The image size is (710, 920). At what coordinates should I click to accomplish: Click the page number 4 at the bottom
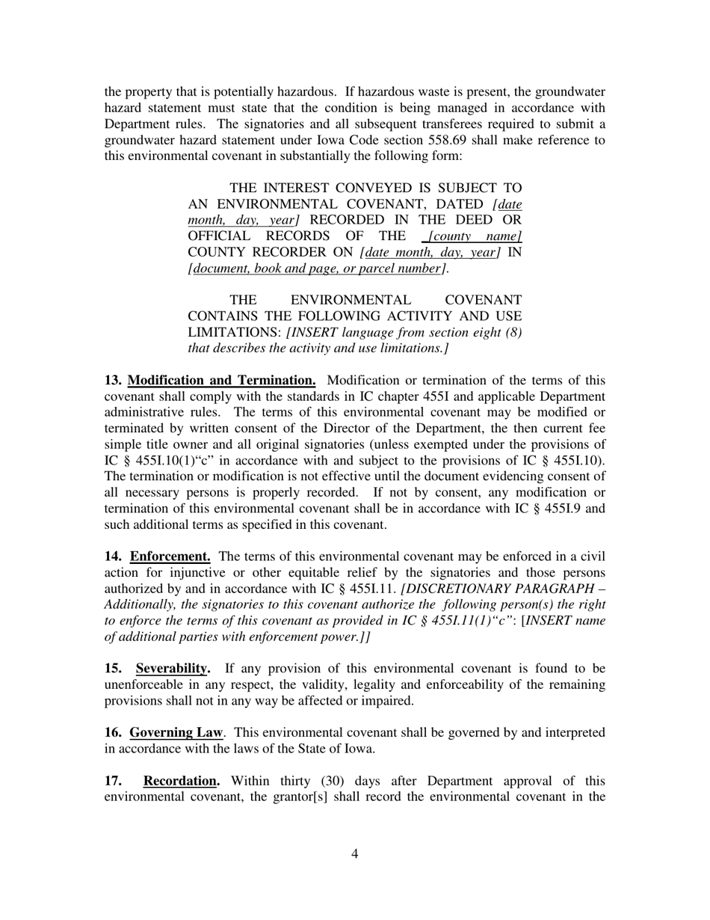(354, 854)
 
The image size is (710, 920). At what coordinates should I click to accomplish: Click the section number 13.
(113, 381)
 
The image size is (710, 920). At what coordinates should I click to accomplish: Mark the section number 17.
(113, 781)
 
